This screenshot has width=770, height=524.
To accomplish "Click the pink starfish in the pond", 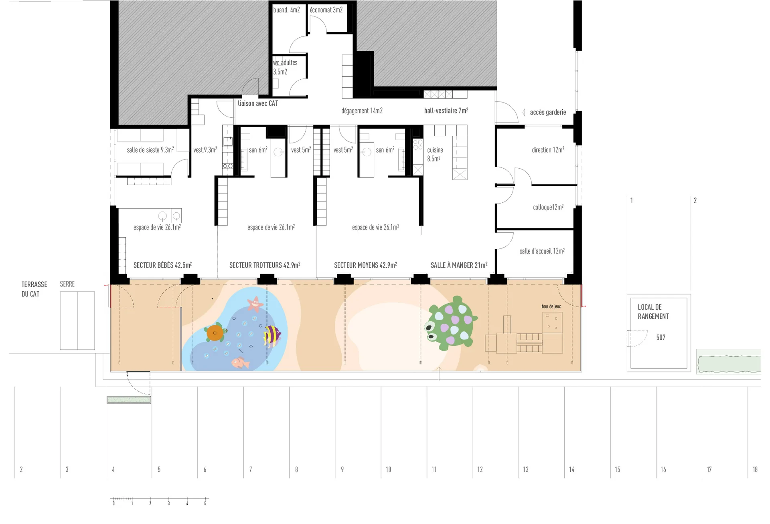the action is click(x=255, y=304).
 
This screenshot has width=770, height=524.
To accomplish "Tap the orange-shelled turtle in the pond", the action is click(x=215, y=333).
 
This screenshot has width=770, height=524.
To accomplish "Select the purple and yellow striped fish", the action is click(x=272, y=335).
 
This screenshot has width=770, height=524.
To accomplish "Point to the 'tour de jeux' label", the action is click(x=551, y=306).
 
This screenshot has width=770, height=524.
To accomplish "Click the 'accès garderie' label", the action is click(x=548, y=112).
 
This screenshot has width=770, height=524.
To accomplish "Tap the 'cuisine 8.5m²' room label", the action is click(x=435, y=154).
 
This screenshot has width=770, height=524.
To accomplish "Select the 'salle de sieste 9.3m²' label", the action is click(x=150, y=150).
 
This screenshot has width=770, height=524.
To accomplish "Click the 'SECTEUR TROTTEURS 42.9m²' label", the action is click(x=265, y=265).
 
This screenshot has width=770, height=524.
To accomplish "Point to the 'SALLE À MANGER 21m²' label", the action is click(x=459, y=265).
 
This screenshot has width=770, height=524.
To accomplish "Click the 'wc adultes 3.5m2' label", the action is click(x=285, y=67).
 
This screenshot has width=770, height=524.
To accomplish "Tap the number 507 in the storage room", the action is click(x=661, y=337).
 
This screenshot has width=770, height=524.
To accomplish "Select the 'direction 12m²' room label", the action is click(x=548, y=150).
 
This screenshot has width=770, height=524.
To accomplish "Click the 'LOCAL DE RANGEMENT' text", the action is click(x=653, y=312).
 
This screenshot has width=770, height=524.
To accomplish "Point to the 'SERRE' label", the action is click(x=67, y=284).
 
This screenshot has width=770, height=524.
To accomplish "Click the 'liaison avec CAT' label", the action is click(x=258, y=103).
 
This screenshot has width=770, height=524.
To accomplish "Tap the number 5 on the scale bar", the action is click(x=205, y=504).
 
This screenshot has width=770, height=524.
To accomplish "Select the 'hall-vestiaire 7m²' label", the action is click(x=446, y=111).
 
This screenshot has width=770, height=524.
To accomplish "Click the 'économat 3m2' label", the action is click(x=326, y=10).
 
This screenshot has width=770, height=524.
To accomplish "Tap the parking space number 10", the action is click(x=388, y=469).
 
